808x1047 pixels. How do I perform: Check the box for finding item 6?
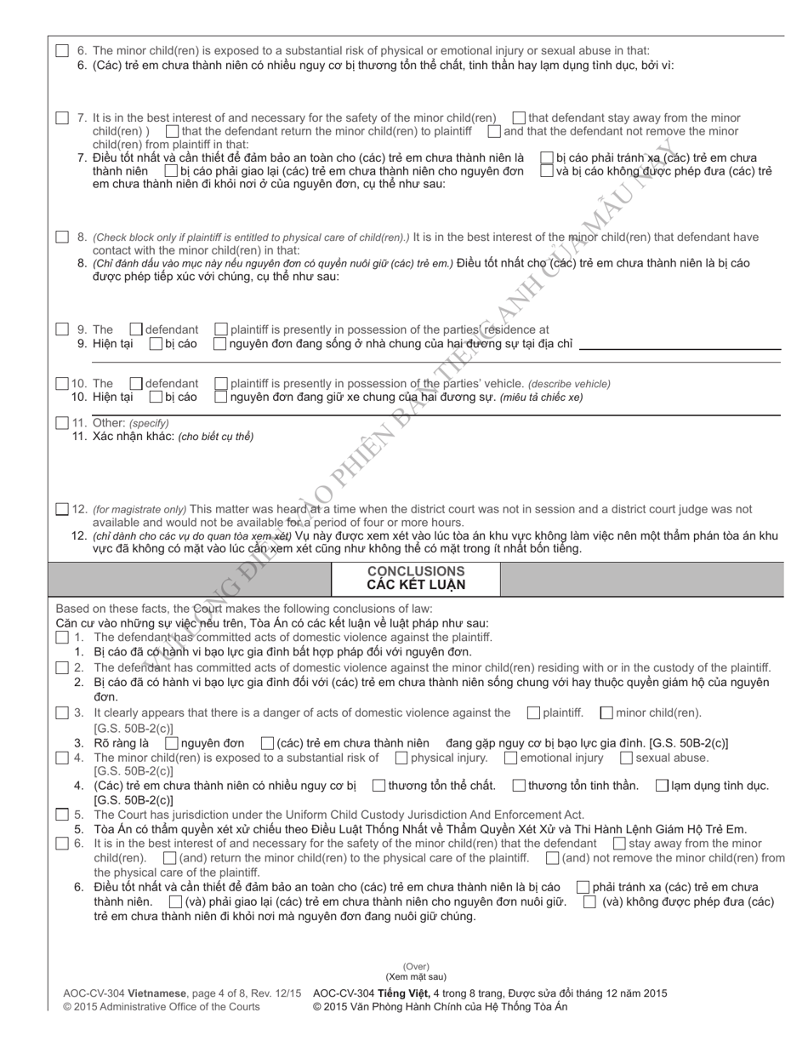point(62,51)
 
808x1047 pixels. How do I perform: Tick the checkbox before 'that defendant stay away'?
point(519,118)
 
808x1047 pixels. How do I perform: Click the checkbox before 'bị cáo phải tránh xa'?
point(547,158)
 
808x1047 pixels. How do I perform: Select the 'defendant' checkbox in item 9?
point(136,329)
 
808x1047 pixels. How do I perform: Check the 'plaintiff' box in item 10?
point(221,384)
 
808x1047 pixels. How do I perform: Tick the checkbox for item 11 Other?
point(62,423)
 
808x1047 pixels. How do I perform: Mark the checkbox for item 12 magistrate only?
point(62,510)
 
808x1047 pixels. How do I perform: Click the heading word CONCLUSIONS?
point(416,571)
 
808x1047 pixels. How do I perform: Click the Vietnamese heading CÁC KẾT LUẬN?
point(416,586)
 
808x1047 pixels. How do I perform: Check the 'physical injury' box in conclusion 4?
point(401,758)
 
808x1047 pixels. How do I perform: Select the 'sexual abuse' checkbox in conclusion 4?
point(626,758)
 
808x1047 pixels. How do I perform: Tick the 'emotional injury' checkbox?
point(510,758)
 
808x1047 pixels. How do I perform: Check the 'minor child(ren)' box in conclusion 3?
point(606,713)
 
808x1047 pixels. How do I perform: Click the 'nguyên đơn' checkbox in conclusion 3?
point(171,744)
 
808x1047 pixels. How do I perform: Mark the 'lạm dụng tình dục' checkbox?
point(662,786)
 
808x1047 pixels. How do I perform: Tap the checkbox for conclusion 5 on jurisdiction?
point(62,815)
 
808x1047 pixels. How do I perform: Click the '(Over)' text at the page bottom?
point(416,967)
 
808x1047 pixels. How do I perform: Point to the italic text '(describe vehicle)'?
point(569,384)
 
